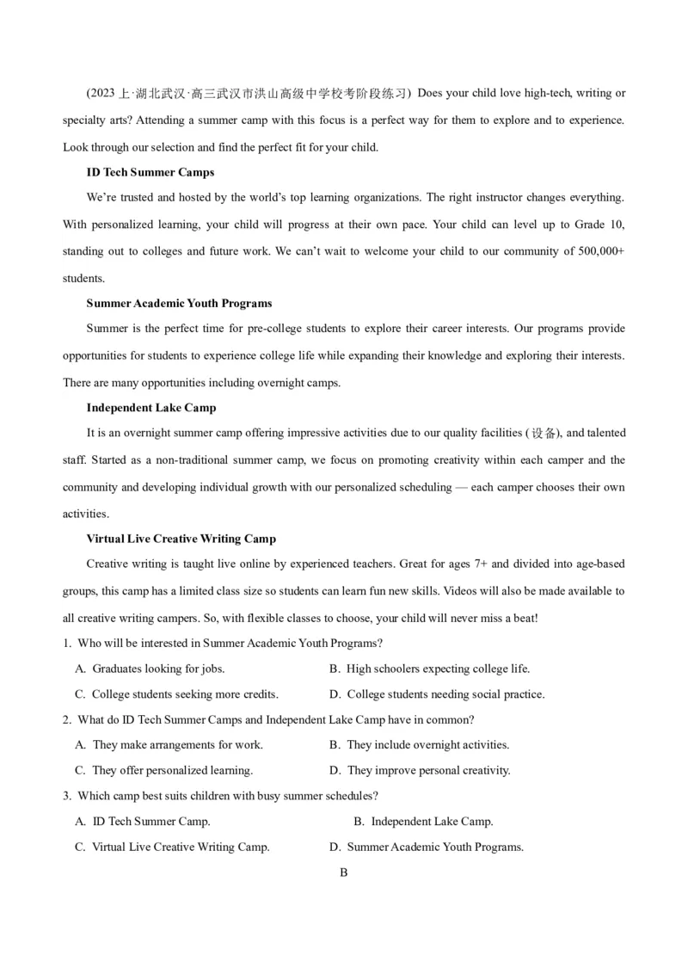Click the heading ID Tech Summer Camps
pyautogui.click(x=150, y=172)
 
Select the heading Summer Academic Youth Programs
pyautogui.click(x=179, y=303)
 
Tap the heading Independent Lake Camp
pyautogui.click(x=151, y=408)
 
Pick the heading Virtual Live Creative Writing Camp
pyautogui.click(x=181, y=539)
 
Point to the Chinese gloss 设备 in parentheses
pyautogui.click(x=544, y=434)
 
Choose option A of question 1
pyautogui.click(x=150, y=669)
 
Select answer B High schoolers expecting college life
pyautogui.click(x=430, y=669)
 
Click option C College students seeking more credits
pyautogui.click(x=177, y=694)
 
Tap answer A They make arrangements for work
pyautogui.click(x=169, y=745)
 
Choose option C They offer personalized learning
pyautogui.click(x=164, y=770)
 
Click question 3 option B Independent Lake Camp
pyautogui.click(x=423, y=822)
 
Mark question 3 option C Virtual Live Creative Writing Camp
pyautogui.click(x=173, y=847)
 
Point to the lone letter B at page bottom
pyautogui.click(x=343, y=872)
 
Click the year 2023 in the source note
pyautogui.click(x=104, y=93)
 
